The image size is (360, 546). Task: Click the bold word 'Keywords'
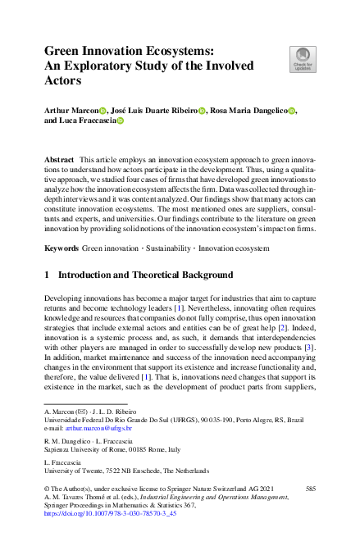(62, 247)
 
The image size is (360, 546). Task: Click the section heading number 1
(48, 275)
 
